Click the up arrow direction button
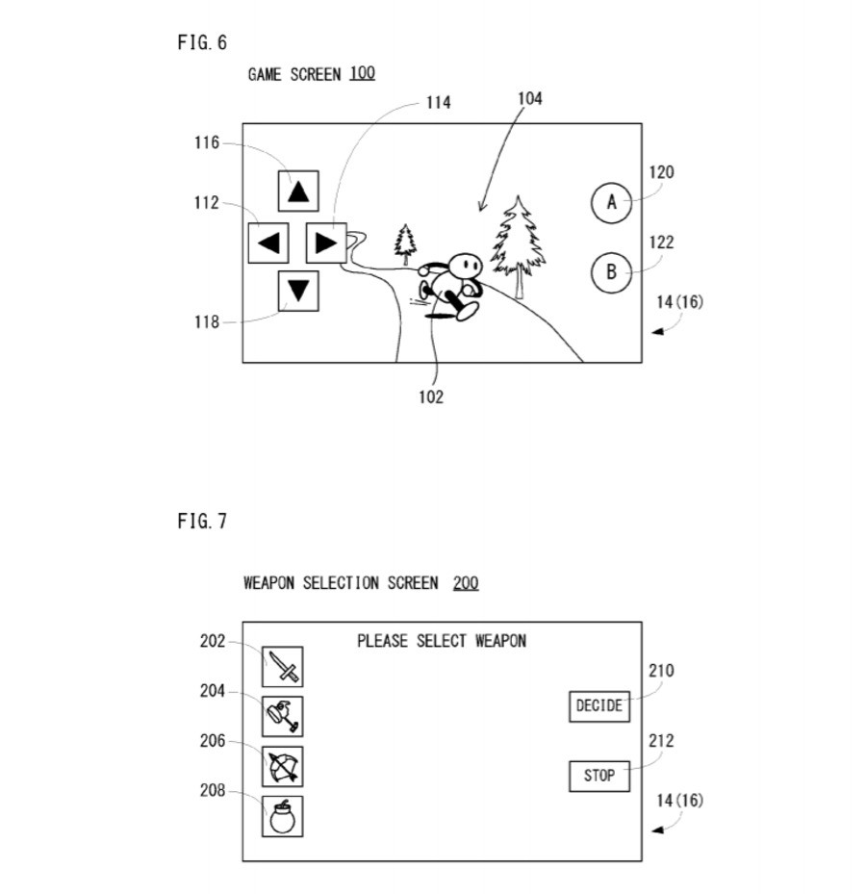tap(298, 191)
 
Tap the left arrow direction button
tap(268, 243)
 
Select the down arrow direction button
tap(298, 291)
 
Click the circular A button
tap(611, 203)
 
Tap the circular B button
tap(611, 272)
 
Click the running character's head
tap(467, 263)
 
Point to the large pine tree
tap(519, 241)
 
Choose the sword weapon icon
tap(283, 666)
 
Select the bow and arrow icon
tap(283, 766)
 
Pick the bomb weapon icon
tap(283, 816)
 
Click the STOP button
tap(599, 776)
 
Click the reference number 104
tap(529, 98)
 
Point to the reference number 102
tap(431, 396)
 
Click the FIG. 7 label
tap(202, 522)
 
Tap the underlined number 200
tap(466, 583)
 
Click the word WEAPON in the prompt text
tap(500, 641)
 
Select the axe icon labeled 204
tap(283, 716)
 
